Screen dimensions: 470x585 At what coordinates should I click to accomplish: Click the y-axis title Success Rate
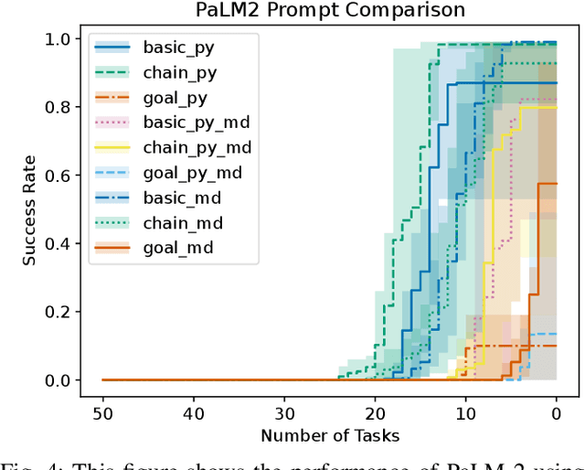pos(30,209)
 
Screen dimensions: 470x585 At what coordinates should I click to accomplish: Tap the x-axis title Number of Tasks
pos(329,436)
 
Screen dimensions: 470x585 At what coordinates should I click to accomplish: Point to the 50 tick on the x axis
pos(102,413)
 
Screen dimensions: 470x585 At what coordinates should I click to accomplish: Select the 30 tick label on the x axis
pos(284,413)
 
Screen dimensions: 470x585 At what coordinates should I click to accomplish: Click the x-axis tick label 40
pos(193,413)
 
